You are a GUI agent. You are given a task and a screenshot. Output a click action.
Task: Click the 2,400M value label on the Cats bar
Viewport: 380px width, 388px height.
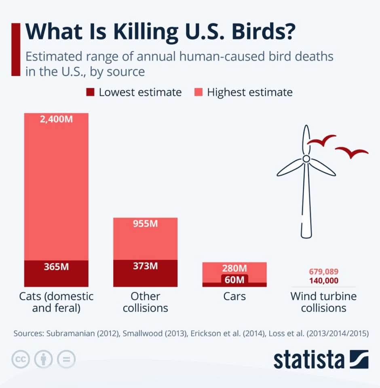[56, 120]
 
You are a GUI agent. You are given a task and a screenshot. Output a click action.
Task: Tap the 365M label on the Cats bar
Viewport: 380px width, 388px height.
[56, 267]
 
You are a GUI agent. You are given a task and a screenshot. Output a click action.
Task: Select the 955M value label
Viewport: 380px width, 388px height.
[145, 224]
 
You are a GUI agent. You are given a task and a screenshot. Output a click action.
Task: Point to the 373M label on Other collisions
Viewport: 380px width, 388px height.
[145, 266]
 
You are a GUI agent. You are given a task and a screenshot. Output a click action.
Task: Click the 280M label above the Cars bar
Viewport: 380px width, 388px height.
[234, 268]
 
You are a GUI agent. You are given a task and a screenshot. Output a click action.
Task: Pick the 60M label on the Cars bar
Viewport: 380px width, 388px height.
[234, 279]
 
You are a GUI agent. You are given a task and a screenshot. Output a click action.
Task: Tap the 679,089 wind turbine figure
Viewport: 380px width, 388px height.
[323, 272]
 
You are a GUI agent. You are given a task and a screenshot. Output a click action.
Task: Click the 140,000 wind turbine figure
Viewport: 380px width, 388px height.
[323, 281]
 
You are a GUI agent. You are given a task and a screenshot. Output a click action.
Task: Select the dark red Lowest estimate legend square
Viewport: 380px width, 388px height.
[90, 92]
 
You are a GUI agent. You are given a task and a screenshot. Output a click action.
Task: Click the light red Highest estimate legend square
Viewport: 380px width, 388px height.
[198, 92]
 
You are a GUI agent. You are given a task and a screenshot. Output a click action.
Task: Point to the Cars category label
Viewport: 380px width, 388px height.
[234, 296]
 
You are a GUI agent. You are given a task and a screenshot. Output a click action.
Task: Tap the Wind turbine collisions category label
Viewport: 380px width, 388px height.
[323, 302]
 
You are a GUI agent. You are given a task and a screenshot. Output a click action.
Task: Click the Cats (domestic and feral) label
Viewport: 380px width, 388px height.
[56, 302]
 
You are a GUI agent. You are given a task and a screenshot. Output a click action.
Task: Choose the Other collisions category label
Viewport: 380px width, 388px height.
[145, 302]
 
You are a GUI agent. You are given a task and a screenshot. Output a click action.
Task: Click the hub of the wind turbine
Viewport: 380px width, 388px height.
[306, 159]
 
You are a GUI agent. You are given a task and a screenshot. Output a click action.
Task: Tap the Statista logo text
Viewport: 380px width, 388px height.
[308, 359]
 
